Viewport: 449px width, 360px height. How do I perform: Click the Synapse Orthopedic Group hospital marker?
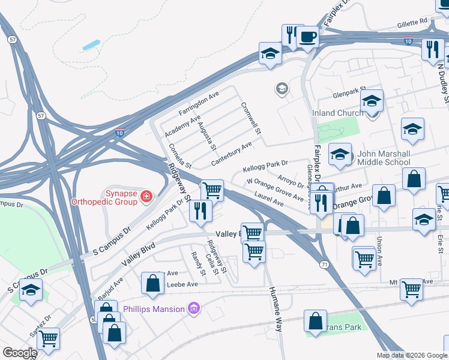pos(145,196)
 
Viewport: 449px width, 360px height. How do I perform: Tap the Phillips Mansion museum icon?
pos(193,309)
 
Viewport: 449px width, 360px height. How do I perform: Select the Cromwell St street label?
pos(252,118)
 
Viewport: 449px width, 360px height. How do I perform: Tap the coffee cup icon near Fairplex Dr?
pos(308,37)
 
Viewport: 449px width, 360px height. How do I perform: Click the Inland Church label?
pos(337,113)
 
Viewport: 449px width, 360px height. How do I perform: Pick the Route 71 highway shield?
pos(324,265)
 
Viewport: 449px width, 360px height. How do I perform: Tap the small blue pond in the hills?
pos(91,45)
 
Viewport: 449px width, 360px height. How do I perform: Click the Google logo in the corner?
pos(19,353)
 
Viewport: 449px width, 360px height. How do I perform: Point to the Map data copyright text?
pos(412,355)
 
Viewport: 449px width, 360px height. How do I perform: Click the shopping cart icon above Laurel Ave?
pos(212,190)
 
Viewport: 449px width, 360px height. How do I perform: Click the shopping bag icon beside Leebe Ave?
pos(152,283)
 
